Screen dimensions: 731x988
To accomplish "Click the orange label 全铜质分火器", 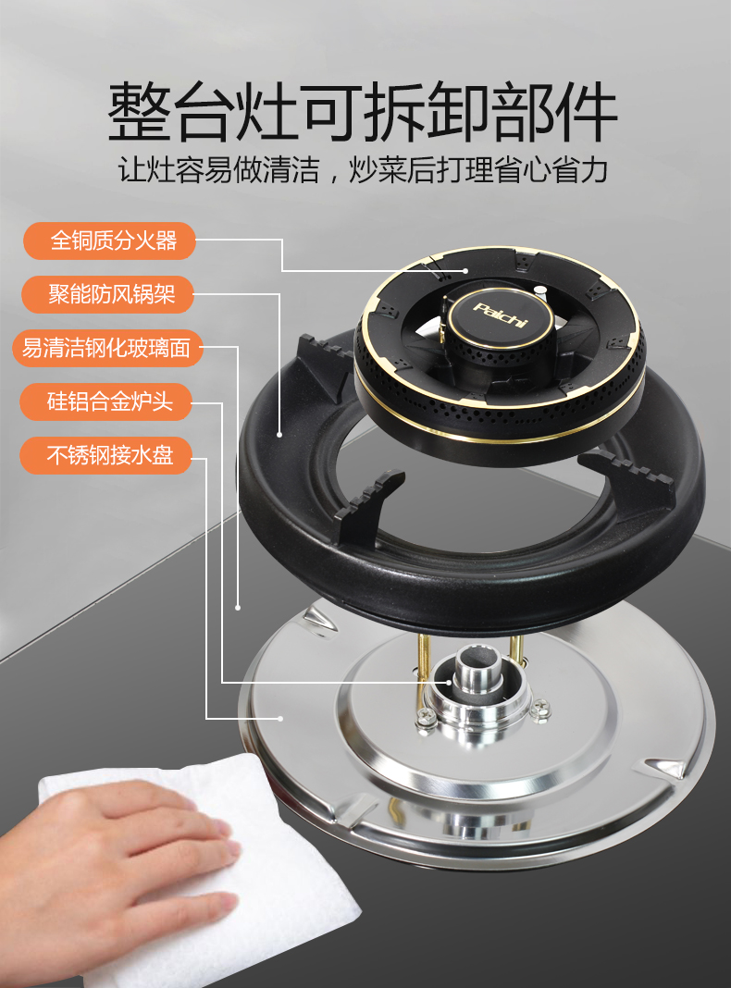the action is point(109,241).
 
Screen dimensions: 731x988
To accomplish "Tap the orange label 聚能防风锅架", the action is point(107,294).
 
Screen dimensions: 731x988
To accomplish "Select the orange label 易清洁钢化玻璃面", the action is point(107,348).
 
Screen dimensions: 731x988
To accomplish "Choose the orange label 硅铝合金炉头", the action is point(105,401).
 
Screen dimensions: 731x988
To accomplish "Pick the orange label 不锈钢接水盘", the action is point(105,455).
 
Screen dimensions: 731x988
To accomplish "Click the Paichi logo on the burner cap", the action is point(500,315).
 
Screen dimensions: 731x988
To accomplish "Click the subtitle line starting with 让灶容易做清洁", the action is point(363,169).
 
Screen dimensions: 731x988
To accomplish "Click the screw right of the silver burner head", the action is point(540,710).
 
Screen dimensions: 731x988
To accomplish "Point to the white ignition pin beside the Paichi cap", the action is point(539,291).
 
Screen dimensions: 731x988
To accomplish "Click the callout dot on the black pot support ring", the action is point(279,434).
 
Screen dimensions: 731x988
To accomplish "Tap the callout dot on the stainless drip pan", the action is point(279,718).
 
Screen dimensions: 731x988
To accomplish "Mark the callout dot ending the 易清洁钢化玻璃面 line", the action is point(238,608).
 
